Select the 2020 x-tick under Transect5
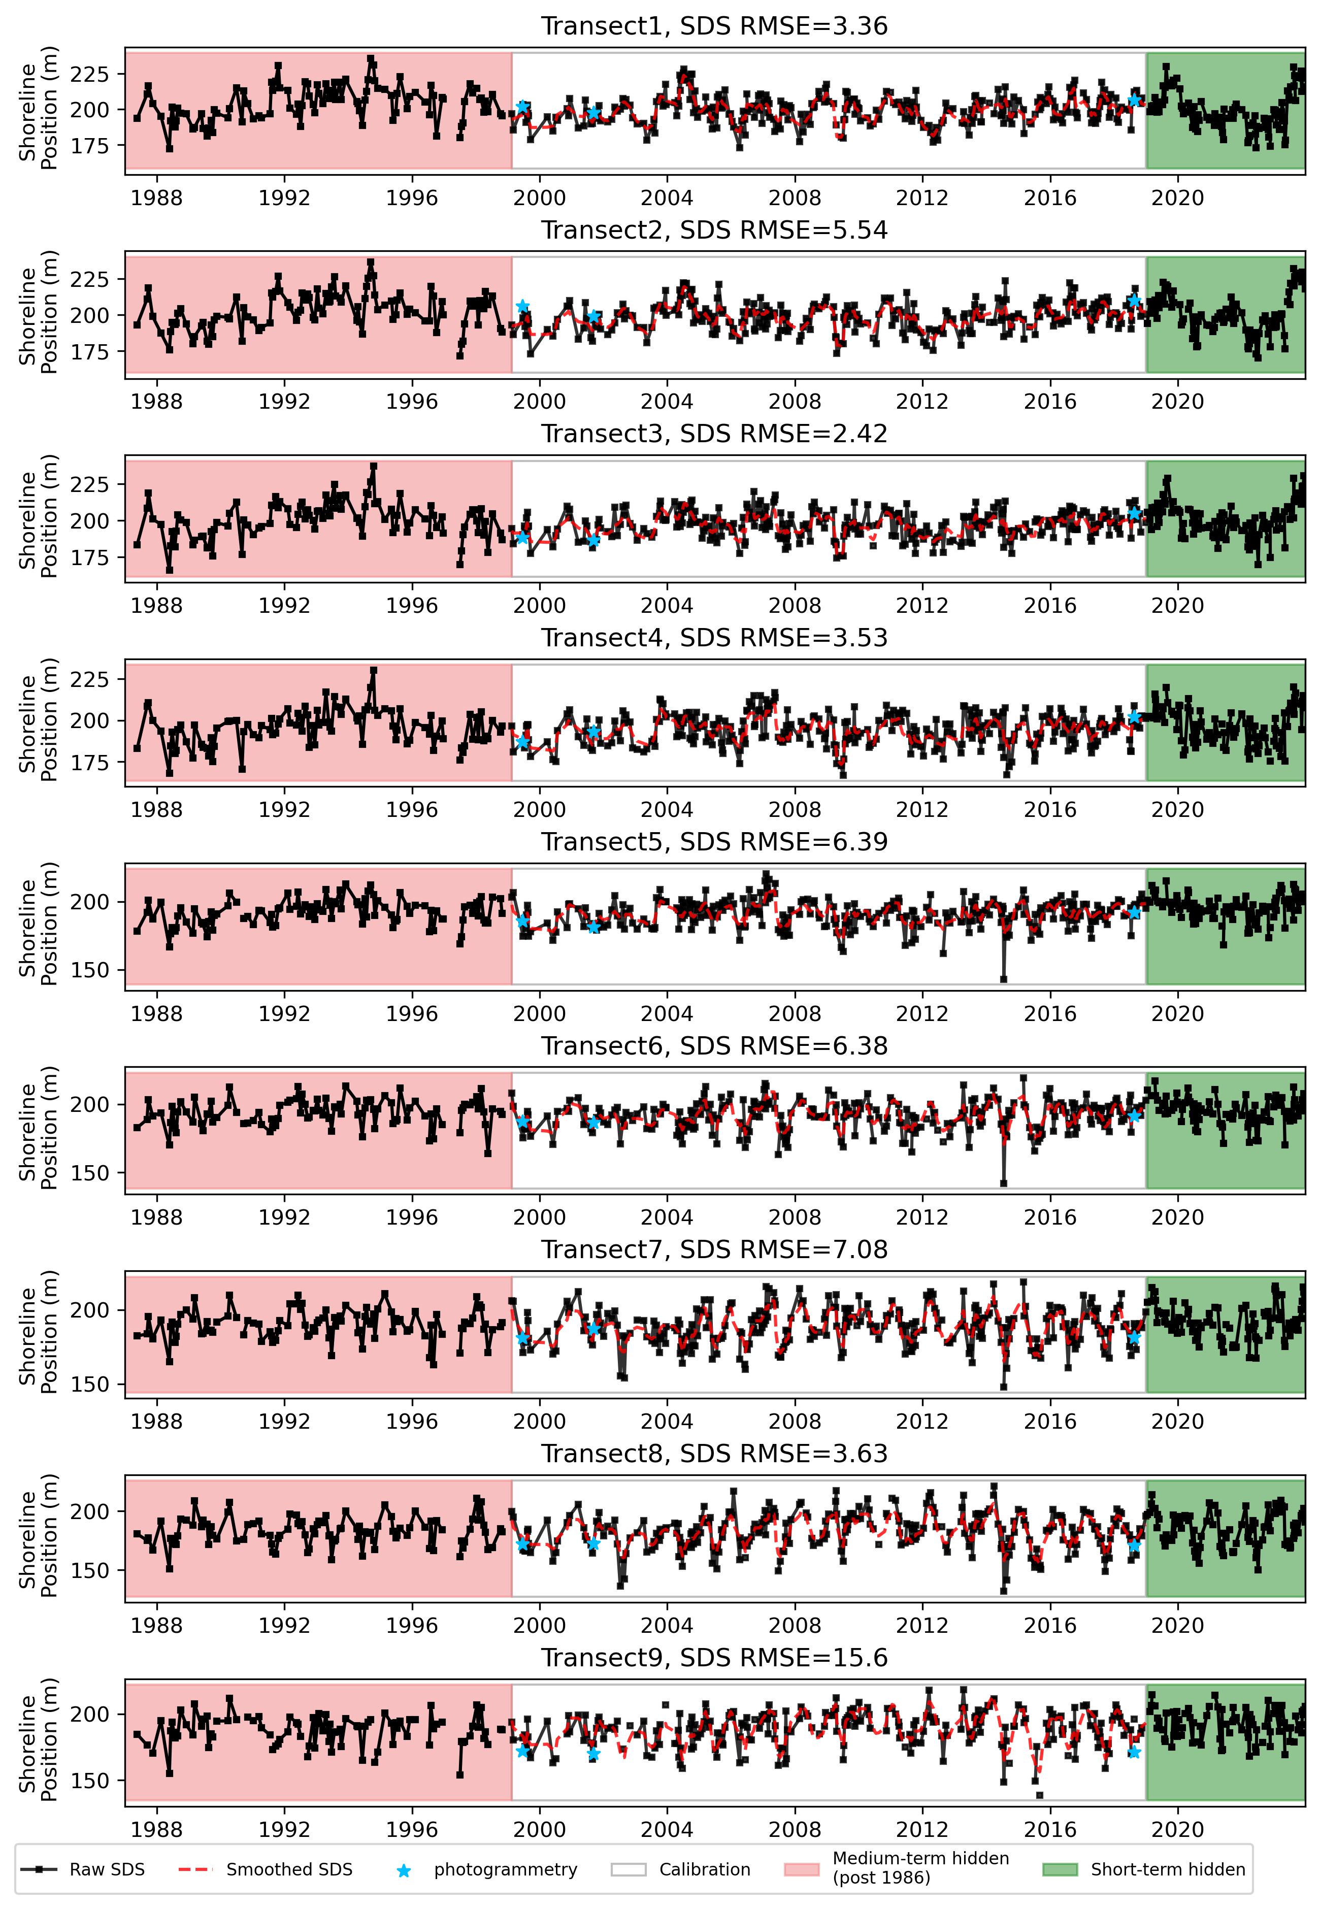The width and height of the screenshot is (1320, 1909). click(1178, 1014)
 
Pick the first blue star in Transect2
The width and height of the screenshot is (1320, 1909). click(523, 306)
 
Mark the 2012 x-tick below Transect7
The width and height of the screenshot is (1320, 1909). click(922, 1422)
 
